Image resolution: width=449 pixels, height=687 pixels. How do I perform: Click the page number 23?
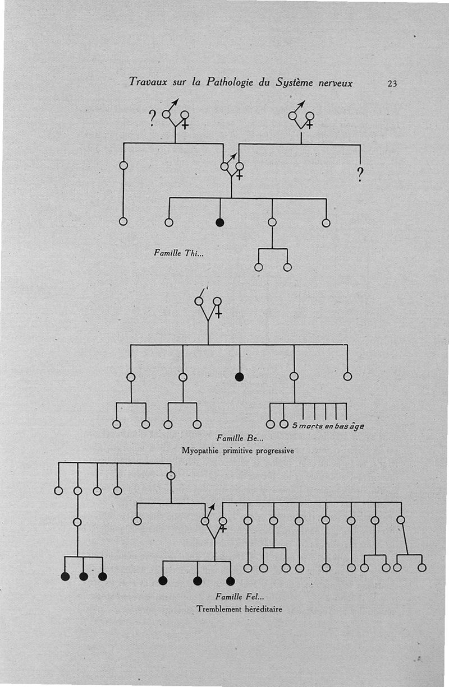click(392, 84)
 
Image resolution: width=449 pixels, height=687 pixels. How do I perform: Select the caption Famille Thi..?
click(178, 253)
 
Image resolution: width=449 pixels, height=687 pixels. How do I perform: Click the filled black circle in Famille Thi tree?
click(220, 222)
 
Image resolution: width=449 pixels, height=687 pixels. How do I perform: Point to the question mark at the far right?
click(360, 175)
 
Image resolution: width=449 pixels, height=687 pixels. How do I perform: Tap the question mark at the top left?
click(152, 119)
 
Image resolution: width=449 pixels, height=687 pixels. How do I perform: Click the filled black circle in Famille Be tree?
click(240, 377)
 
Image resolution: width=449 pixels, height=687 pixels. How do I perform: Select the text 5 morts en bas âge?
click(328, 426)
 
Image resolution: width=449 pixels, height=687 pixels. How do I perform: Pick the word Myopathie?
click(200, 450)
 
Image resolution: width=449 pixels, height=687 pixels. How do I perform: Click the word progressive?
click(275, 450)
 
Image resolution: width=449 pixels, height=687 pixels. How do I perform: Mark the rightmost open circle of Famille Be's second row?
click(347, 377)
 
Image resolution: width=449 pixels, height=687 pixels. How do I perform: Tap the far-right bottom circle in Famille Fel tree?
click(422, 568)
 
